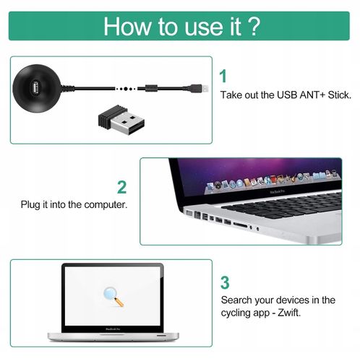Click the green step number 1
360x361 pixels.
[x=223, y=76]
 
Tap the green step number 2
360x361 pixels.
[x=122, y=187]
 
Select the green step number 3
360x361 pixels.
[x=225, y=282]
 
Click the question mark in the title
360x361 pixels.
[x=253, y=26]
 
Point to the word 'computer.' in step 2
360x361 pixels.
[x=105, y=205]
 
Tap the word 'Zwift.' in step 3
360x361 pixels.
[x=288, y=313]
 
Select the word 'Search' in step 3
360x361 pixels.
[x=237, y=300]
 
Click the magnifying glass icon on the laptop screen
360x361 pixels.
[x=111, y=295]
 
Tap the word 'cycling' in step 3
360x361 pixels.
[x=237, y=313]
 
